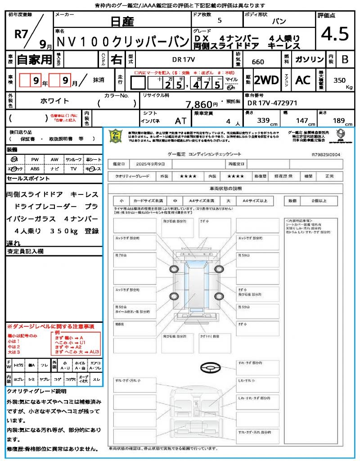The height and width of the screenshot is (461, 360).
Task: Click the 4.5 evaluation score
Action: click(335, 34)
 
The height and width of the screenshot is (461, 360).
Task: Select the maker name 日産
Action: click(121, 21)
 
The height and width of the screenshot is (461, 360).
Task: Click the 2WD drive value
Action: click(266, 80)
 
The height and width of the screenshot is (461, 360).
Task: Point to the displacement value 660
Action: click(258, 62)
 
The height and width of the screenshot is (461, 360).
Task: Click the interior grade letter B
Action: click(345, 59)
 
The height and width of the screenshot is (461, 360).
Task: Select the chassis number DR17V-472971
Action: click(272, 103)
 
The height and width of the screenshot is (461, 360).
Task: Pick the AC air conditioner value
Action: click(303, 80)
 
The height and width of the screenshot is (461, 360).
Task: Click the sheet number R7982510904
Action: click(326, 154)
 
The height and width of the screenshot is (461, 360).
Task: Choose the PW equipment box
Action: click(35, 159)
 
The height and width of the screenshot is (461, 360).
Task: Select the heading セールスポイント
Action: click(28, 179)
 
